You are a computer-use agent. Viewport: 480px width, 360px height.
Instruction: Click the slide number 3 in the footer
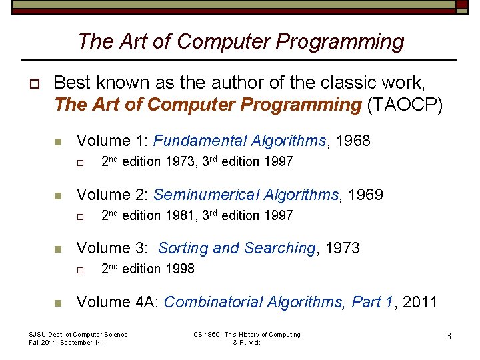449,337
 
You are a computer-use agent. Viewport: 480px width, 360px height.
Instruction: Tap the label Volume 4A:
117,302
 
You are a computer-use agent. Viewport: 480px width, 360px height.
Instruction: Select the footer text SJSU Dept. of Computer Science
78,335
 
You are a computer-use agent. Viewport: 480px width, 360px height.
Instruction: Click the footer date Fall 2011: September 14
66,343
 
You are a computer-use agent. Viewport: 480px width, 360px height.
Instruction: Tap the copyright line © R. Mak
247,343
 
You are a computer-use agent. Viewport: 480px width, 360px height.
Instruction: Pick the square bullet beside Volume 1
58,141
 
